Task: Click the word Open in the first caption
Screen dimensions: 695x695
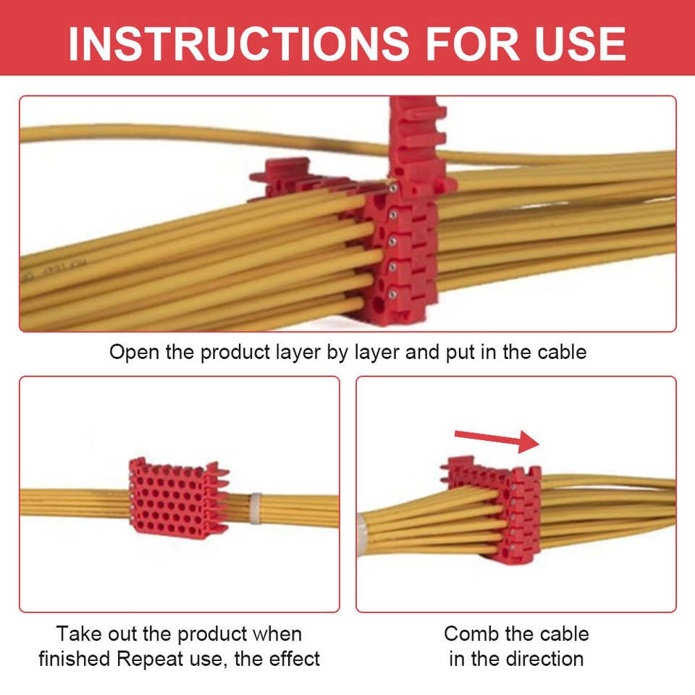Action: tap(132, 353)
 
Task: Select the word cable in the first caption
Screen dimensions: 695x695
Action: tap(562, 353)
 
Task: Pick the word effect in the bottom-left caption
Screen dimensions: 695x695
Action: tap(292, 659)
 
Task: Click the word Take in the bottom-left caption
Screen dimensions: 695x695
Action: tap(75, 634)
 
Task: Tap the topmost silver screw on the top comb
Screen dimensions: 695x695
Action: tap(391, 188)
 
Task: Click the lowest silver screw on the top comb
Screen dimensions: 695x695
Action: tap(391, 292)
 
